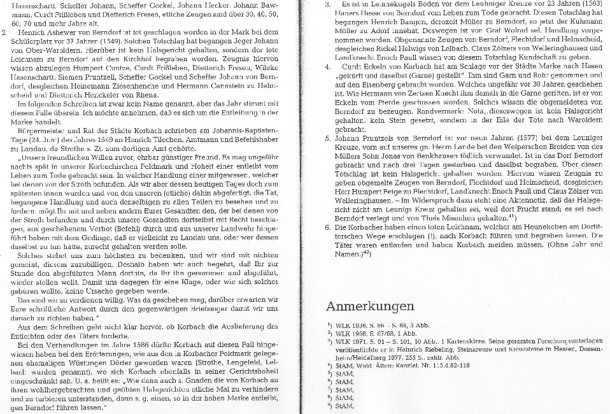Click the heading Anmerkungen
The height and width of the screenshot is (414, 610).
click(370, 306)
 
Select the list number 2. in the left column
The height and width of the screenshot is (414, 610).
click(5, 31)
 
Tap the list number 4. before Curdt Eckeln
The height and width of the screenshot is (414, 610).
click(327, 66)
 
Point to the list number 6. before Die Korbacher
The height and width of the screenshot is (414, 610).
click(327, 227)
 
